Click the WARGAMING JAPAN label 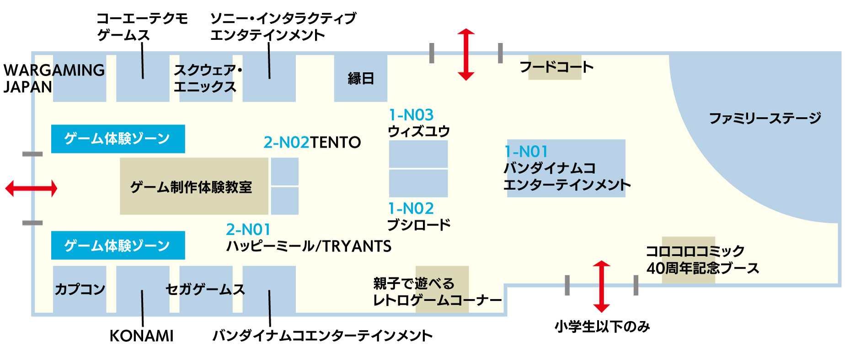click(53, 78)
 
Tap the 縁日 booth click(361, 78)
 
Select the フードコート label click(556, 67)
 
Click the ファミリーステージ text click(765, 118)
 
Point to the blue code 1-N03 click(411, 115)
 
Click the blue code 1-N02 click(411, 209)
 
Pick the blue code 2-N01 click(248, 229)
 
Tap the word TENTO click(335, 143)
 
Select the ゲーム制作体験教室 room click(191, 187)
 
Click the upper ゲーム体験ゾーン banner click(118, 139)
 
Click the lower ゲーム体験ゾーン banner click(118, 246)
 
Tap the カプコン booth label click(80, 290)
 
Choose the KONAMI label click(142, 336)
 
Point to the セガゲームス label click(205, 290)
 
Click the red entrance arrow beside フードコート click(465, 54)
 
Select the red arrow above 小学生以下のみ click(601, 287)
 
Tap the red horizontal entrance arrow click(31, 188)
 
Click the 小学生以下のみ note click(602, 327)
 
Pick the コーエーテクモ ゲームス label click(142, 27)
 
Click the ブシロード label click(419, 225)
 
